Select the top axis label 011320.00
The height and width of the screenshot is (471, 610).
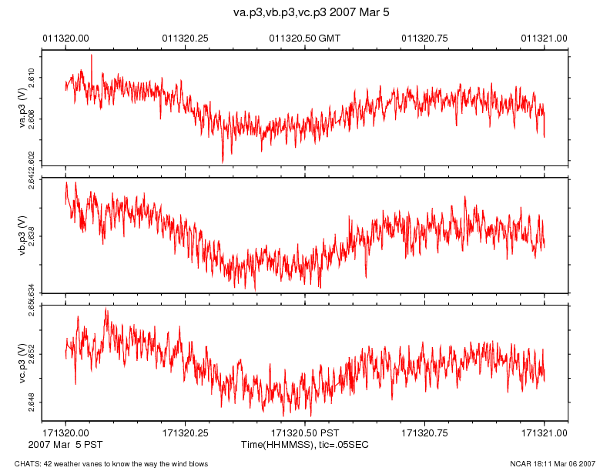(65, 37)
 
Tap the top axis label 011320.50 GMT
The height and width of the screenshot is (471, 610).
(305, 37)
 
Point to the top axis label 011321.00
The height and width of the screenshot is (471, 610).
(545, 37)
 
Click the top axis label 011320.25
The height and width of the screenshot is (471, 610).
(185, 37)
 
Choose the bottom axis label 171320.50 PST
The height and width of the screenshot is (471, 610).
(305, 433)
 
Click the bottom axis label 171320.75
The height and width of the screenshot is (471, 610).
(425, 433)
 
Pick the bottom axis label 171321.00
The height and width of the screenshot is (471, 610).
(545, 433)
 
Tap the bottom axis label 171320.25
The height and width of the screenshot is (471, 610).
(185, 433)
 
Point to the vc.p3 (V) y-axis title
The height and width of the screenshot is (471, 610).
(22, 361)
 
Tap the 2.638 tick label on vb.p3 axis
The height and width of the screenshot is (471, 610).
(32, 235)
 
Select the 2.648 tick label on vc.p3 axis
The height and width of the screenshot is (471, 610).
(32, 403)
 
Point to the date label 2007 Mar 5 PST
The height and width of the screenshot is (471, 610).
(65, 444)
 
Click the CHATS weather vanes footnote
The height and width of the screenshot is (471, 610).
(112, 463)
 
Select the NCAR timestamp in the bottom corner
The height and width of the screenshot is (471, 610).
(552, 463)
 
